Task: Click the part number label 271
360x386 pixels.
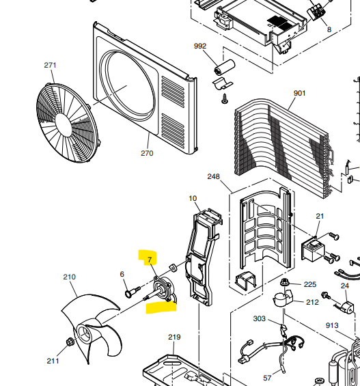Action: coord(50,65)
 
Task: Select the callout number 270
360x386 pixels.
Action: coord(147,153)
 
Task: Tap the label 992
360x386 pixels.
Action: coord(200,46)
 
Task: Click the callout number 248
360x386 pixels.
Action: coord(213,176)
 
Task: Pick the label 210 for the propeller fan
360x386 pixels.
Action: coord(69,277)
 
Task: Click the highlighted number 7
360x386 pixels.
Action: coord(150,260)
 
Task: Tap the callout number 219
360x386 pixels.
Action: coord(174,337)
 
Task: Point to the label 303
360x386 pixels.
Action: coord(260,318)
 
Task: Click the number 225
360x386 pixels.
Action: coord(310,284)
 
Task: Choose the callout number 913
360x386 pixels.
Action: coord(333,325)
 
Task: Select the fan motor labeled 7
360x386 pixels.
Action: coord(165,290)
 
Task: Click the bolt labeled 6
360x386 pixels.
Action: coord(129,293)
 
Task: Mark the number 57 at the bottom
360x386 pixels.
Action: coord(267,377)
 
